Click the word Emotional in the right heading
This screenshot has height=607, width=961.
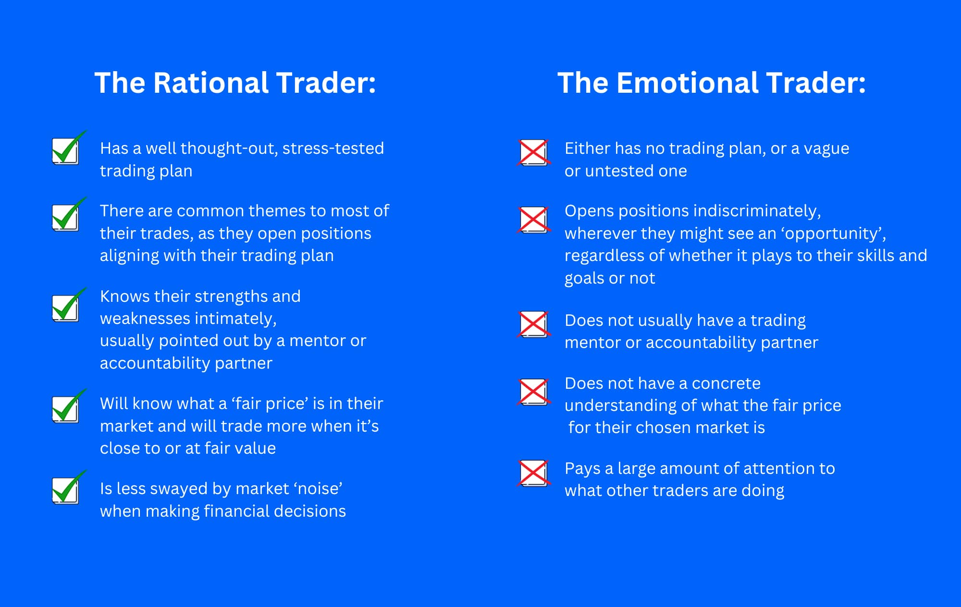[x=688, y=83]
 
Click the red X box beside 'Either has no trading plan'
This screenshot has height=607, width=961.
[x=533, y=152]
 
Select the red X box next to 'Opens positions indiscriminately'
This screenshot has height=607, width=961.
[x=533, y=220]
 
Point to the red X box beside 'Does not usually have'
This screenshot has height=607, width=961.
[x=533, y=324]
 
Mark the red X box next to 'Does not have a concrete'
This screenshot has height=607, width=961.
[x=533, y=392]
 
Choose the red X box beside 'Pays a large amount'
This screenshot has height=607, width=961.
[x=533, y=473]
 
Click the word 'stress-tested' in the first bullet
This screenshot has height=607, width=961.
[x=333, y=148]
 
